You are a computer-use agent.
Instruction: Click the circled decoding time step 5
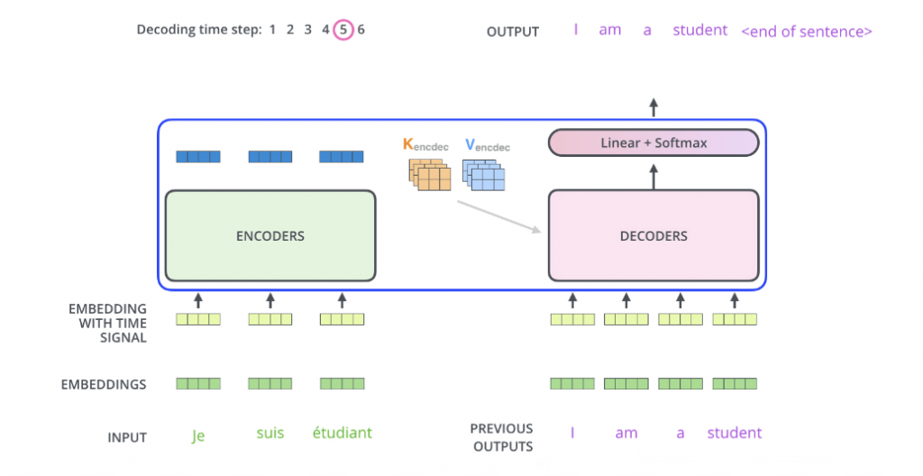click(x=343, y=30)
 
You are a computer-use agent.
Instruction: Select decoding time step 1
click(x=272, y=30)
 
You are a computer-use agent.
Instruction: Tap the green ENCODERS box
click(x=270, y=235)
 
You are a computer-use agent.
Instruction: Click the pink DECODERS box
click(x=653, y=235)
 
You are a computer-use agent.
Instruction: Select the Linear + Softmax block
click(x=653, y=142)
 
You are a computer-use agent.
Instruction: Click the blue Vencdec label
click(x=487, y=144)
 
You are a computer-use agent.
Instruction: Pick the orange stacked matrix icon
click(x=430, y=175)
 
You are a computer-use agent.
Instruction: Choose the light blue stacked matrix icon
click(x=484, y=175)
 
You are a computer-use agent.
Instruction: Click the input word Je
click(x=198, y=435)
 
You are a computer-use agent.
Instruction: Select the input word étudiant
click(x=342, y=433)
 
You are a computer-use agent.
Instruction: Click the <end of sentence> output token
click(x=806, y=32)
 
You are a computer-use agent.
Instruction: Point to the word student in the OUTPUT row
click(x=699, y=30)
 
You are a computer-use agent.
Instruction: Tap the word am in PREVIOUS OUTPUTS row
click(x=626, y=434)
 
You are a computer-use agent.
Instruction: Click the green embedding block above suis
click(x=270, y=384)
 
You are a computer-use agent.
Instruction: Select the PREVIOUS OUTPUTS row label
click(x=501, y=436)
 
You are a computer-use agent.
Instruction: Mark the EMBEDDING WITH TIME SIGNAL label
click(x=107, y=323)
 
